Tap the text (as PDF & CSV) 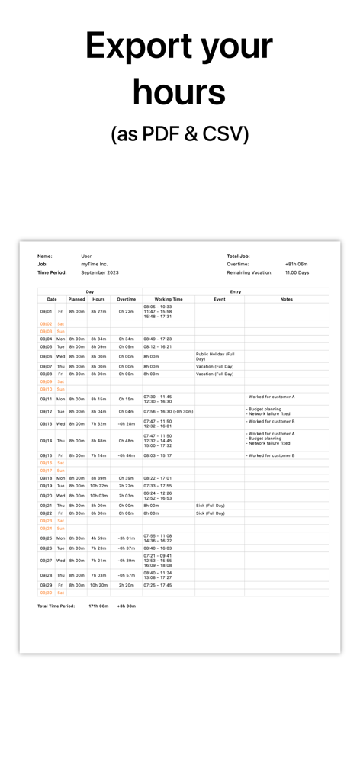[180, 133]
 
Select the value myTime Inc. [95, 264]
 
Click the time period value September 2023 [100, 272]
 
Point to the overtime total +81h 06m [297, 264]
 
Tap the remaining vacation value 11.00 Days [297, 272]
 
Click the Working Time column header [169, 299]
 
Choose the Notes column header [286, 299]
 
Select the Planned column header [77, 299]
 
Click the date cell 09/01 [46, 311]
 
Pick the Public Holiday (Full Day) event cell [215, 356]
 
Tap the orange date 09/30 [46, 593]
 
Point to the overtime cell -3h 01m [126, 538]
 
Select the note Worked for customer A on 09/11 [270, 397]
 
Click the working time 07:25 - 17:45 [158, 585]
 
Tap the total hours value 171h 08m [98, 606]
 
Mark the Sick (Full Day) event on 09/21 [211, 506]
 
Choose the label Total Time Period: [56, 606]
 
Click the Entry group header [236, 291]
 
